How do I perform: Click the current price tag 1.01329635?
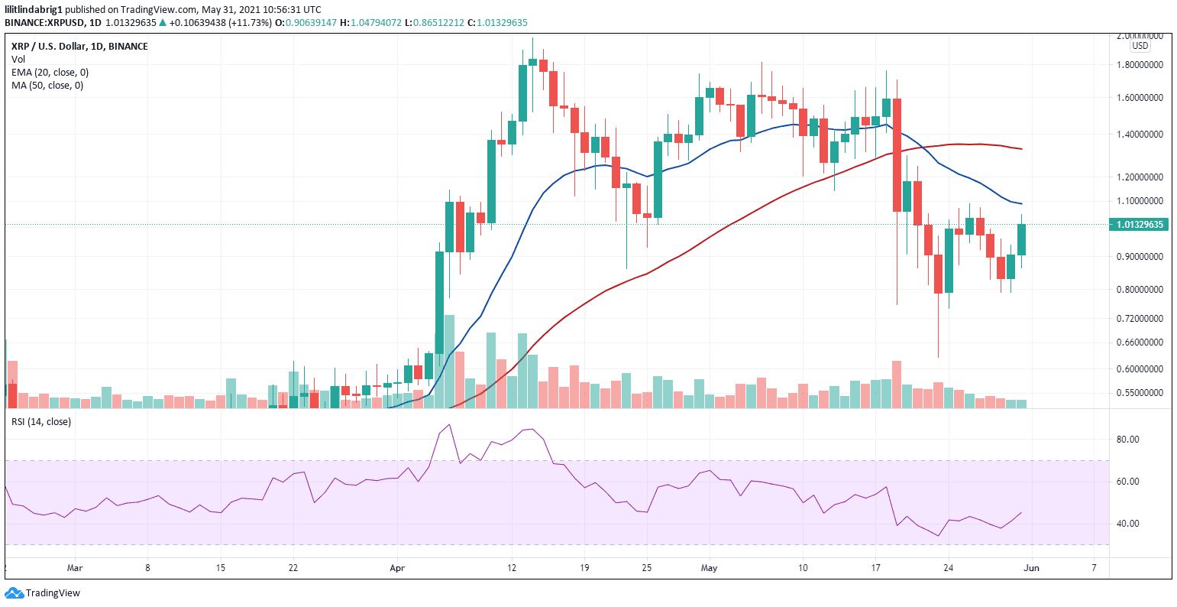click(1140, 225)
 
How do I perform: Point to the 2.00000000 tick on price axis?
click(1140, 36)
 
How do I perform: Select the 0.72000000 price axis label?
click(1140, 318)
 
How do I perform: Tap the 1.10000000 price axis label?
click(1140, 201)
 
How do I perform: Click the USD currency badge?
click(1140, 46)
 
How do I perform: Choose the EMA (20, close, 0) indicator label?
click(50, 73)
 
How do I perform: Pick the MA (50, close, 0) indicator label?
click(47, 86)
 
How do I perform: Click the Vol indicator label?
click(18, 60)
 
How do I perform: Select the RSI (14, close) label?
click(40, 422)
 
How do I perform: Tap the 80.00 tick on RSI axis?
click(1127, 440)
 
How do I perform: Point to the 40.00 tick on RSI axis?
click(1127, 524)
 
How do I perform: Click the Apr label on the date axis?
click(396, 568)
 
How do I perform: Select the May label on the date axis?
click(710, 568)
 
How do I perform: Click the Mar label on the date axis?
click(74, 568)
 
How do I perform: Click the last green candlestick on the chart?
click(1021, 239)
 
